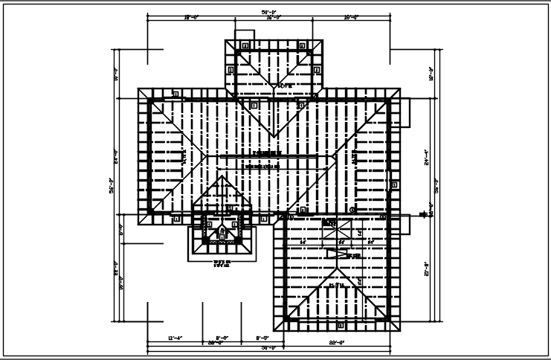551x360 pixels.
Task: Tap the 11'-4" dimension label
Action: click(175, 338)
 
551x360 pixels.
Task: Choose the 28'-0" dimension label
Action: click(216, 343)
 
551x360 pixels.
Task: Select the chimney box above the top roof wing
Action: click(245, 35)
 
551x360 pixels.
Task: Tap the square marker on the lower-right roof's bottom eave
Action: click(340, 325)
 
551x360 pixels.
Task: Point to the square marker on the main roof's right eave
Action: click(393, 184)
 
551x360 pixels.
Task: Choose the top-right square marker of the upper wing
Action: click(302, 45)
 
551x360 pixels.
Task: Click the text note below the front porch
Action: click(222, 263)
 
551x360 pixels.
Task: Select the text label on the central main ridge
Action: click(268, 152)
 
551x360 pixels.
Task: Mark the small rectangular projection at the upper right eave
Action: click(405, 112)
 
